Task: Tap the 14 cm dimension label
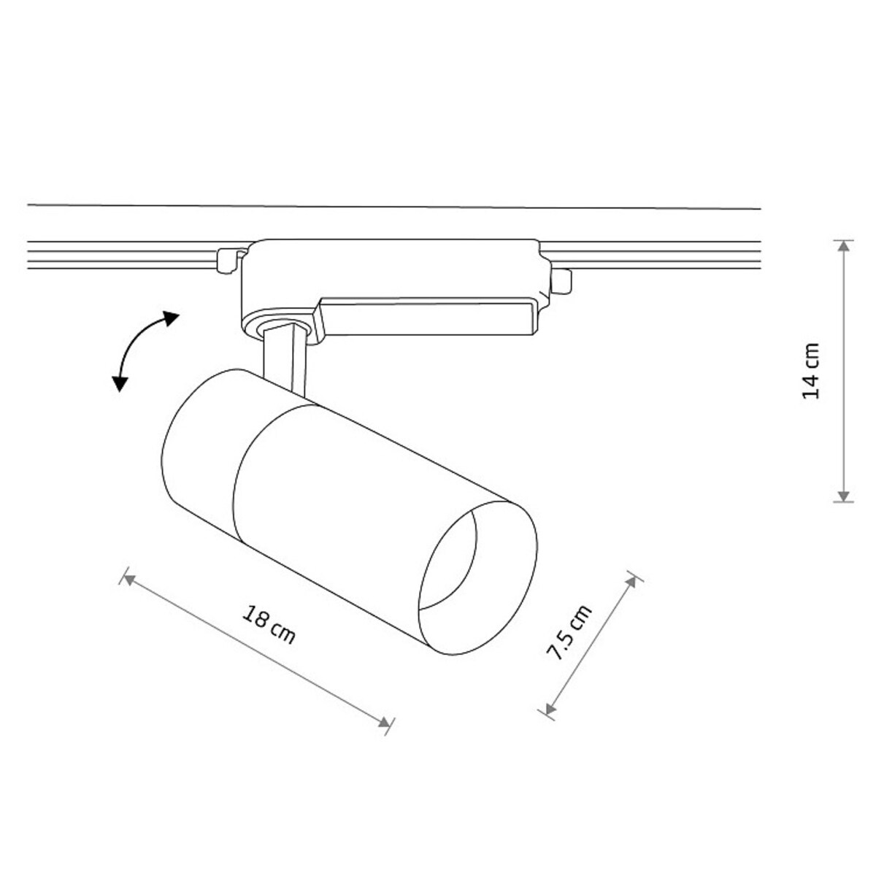[x=811, y=371]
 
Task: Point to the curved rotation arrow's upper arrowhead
[x=170, y=318]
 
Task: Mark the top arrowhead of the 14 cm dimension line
[x=843, y=246]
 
